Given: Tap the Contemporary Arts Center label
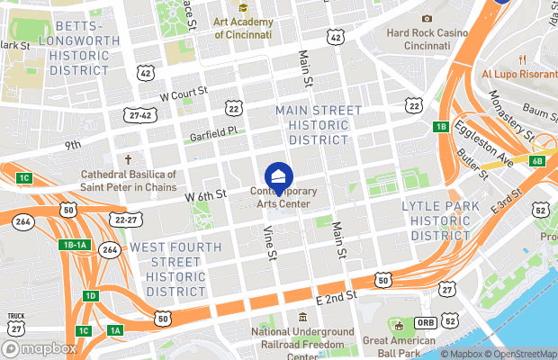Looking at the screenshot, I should [x=279, y=198].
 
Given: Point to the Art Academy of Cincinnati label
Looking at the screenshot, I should [x=243, y=28].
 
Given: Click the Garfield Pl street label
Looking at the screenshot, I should [x=212, y=131].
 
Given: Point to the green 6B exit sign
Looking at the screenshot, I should [x=537, y=161].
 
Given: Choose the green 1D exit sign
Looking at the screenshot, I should [x=90, y=296].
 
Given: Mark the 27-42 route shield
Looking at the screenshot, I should [x=139, y=114].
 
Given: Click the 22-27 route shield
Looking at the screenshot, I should [x=127, y=219].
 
